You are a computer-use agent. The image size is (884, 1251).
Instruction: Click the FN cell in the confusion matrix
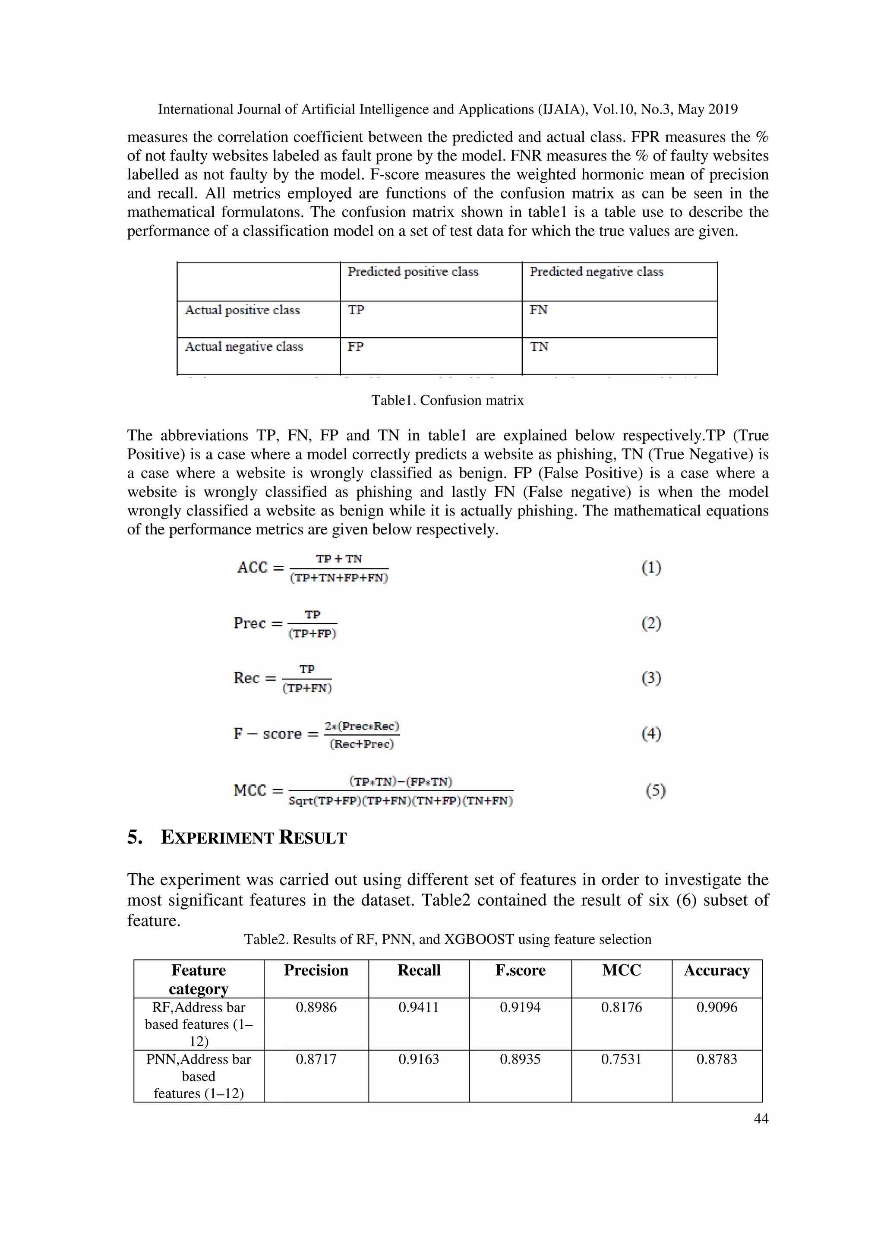[538, 310]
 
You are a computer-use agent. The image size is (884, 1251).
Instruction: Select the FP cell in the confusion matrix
[356, 347]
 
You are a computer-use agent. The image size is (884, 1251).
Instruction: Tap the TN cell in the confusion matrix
[539, 347]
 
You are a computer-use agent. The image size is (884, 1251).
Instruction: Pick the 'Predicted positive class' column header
[413, 272]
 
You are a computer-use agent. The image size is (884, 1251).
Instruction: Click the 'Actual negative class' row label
[243, 347]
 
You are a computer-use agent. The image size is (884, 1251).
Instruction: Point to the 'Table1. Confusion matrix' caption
[447, 401]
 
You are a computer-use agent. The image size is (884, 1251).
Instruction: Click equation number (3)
[651, 678]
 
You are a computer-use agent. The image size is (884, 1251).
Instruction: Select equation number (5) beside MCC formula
[655, 790]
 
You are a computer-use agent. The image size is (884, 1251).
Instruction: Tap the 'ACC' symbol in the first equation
[252, 568]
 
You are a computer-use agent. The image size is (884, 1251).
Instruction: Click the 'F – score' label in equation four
[267, 733]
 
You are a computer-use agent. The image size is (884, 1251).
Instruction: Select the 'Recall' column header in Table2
[418, 970]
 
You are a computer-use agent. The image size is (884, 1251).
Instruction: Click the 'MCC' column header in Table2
[621, 970]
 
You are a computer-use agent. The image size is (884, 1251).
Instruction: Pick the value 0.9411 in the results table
[418, 1008]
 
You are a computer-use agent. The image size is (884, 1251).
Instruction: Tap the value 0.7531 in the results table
[621, 1059]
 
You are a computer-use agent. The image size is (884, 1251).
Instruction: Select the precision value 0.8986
[316, 1008]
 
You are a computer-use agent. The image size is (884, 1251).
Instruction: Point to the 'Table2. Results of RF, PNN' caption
[447, 939]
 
